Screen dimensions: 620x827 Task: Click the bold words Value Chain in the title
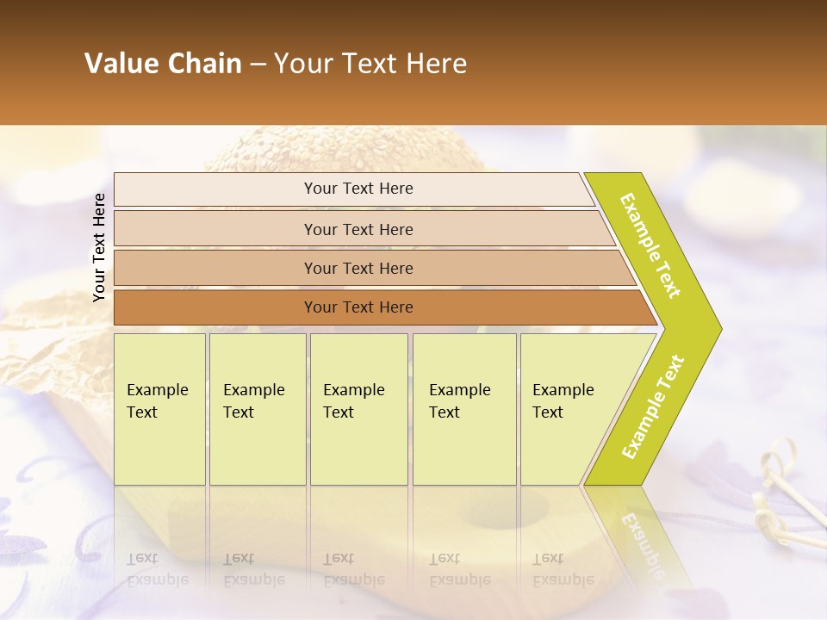163,64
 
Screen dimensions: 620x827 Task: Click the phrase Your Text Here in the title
370,64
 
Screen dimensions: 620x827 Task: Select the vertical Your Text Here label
99,247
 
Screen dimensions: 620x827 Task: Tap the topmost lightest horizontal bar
358,189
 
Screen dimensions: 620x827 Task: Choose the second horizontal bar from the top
358,229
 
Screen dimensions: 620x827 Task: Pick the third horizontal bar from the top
358,268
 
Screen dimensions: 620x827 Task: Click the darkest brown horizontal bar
358,307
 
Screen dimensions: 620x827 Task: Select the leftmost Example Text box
159,409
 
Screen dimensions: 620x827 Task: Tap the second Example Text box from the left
257,409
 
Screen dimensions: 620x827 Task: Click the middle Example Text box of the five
358,409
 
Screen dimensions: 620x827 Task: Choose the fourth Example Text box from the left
464,409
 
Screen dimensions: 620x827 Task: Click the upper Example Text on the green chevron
650,245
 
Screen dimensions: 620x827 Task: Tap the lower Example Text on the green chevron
653,406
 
